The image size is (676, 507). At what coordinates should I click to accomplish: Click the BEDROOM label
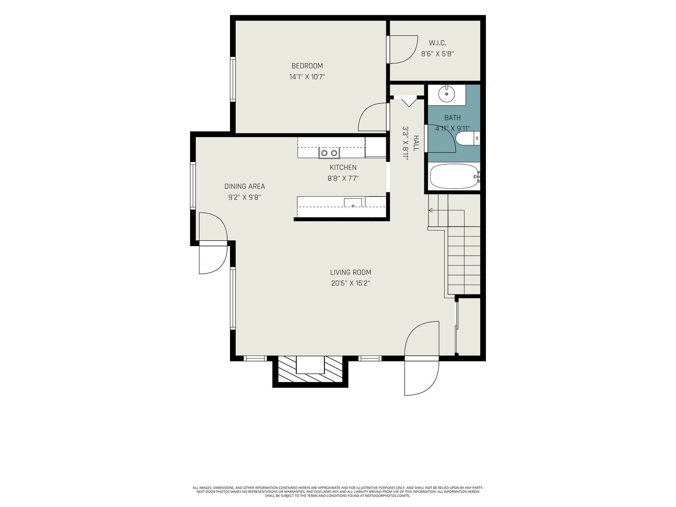pos(307,66)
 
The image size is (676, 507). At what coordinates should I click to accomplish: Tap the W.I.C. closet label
pos(438,43)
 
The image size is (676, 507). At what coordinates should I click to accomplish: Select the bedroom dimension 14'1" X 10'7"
pos(307,77)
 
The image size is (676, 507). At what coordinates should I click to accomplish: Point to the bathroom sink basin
pos(446,93)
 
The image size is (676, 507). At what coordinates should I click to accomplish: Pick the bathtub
pos(454,177)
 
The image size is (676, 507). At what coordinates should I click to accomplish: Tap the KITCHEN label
pos(343,168)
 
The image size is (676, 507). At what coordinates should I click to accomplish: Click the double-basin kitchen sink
pos(329,153)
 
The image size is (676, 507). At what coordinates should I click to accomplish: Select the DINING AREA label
pos(245,186)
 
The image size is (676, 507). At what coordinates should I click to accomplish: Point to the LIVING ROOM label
pos(351,272)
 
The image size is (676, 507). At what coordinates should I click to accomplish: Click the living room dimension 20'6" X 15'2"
pos(351,283)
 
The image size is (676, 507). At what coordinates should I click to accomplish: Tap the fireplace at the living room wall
pos(310,369)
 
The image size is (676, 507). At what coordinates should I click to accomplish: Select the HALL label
pos(416,143)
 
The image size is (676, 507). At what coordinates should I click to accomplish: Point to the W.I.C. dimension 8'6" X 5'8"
pos(438,54)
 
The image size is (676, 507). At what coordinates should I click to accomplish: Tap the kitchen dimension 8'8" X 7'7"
pos(343,178)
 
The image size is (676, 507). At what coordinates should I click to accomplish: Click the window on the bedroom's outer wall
pos(233,79)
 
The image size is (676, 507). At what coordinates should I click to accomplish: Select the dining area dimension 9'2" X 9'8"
pos(245,197)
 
